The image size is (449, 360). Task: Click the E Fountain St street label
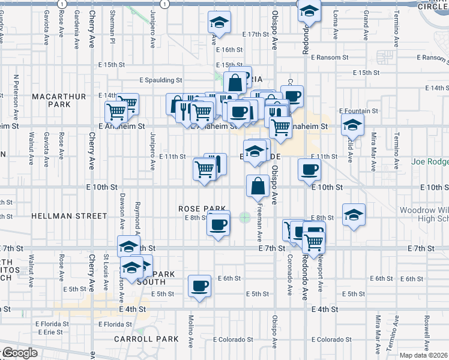click(x=358, y=111)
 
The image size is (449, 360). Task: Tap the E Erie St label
click(x=49, y=332)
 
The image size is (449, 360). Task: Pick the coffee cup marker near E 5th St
click(x=199, y=287)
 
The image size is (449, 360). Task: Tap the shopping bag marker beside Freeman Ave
click(x=258, y=187)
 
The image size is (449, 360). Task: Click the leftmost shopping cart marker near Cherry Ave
click(x=116, y=112)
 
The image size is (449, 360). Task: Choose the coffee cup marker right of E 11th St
click(x=309, y=169)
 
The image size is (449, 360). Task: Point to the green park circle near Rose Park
click(x=244, y=217)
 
